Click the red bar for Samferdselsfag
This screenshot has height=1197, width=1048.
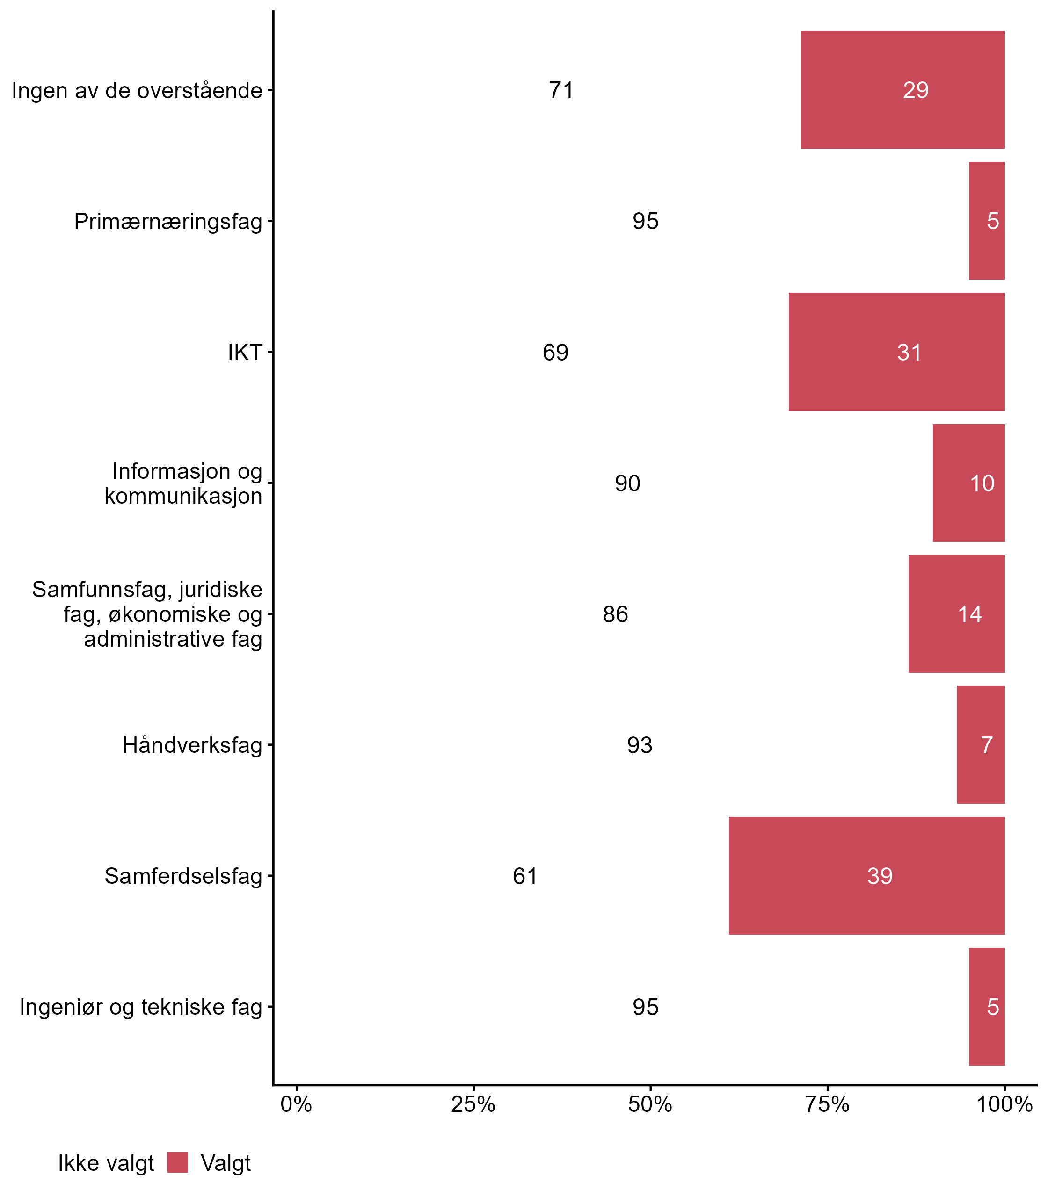[x=866, y=875]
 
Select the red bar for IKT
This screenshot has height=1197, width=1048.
[x=896, y=352]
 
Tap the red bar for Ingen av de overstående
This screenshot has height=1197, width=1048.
[x=902, y=90]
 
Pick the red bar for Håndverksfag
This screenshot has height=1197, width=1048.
[x=981, y=744]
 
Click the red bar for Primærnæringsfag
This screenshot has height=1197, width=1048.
[x=987, y=221]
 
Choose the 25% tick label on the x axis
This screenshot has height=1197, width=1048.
[x=473, y=1104]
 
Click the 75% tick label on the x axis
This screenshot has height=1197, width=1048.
[x=827, y=1104]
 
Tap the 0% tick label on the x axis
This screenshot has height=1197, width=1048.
[x=296, y=1104]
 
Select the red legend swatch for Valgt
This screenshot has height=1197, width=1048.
[x=177, y=1162]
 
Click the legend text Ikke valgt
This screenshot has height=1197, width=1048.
[x=106, y=1163]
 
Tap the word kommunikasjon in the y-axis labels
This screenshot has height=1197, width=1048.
[x=183, y=496]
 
